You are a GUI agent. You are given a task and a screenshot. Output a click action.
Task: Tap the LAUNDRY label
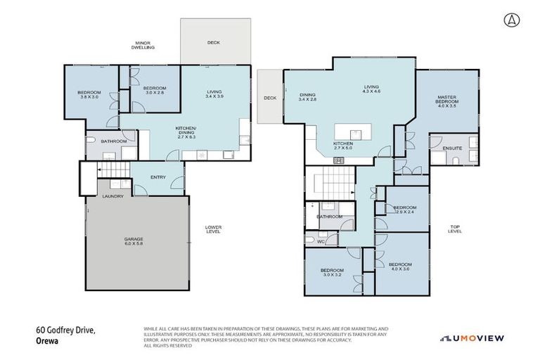click(x=113, y=196)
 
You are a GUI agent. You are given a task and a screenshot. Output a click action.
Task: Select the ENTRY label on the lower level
click(x=158, y=177)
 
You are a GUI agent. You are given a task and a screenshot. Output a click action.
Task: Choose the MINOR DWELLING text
click(x=144, y=45)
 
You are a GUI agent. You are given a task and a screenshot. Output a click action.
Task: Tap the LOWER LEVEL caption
click(x=213, y=229)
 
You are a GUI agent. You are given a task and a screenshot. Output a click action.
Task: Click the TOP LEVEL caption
click(x=455, y=229)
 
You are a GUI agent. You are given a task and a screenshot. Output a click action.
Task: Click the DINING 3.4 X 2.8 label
click(x=307, y=97)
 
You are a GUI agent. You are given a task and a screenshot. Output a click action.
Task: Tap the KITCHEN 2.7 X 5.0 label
click(x=343, y=146)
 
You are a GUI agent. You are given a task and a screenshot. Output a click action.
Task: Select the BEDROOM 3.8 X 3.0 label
click(x=89, y=95)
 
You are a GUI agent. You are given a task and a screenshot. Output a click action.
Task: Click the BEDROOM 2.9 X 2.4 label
click(x=405, y=210)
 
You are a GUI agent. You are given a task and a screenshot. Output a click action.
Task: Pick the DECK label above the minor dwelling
click(x=214, y=43)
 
